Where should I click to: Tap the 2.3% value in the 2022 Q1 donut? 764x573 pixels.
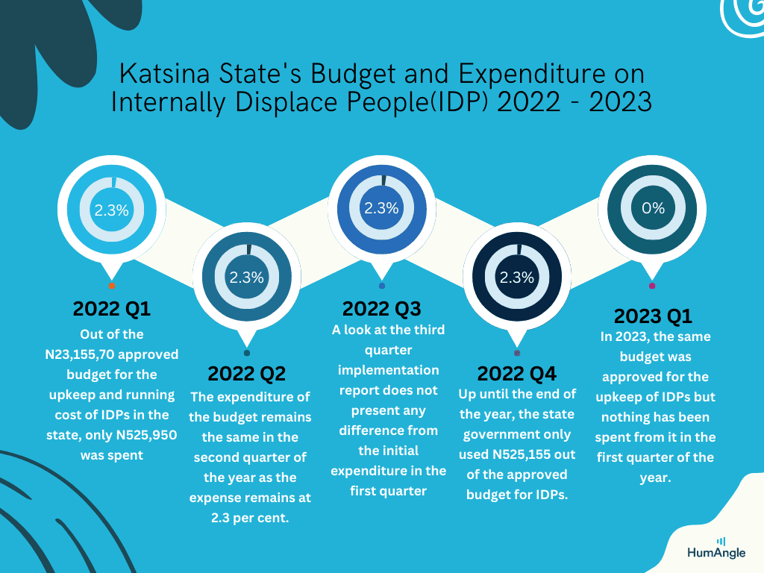click(112, 210)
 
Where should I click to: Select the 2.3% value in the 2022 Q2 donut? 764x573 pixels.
click(246, 278)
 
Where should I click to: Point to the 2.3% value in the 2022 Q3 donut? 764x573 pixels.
click(381, 208)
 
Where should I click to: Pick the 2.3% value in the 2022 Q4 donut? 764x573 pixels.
click(517, 278)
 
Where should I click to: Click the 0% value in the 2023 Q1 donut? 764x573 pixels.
click(653, 208)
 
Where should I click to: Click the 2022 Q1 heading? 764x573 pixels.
click(112, 308)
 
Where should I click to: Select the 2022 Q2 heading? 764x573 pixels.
click(246, 374)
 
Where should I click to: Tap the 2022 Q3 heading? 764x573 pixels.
click(381, 308)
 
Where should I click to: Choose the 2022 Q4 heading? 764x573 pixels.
click(516, 374)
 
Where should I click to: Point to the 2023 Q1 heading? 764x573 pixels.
click(653, 316)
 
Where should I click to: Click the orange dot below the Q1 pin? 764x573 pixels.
click(112, 286)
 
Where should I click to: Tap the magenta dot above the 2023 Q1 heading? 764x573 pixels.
click(652, 286)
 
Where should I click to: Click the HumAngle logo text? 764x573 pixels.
click(716, 553)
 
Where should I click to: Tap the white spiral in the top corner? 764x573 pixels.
click(742, 16)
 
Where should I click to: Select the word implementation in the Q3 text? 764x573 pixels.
click(388, 370)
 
